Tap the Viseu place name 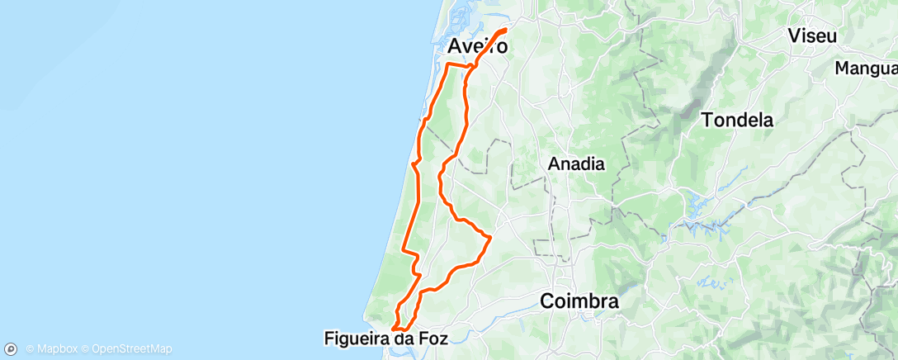(x=812, y=36)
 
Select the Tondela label (x=737, y=120)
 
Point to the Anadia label (x=576, y=164)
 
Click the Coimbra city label (x=579, y=301)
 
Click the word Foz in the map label (x=432, y=338)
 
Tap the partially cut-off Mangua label (x=866, y=68)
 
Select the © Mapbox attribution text (x=51, y=348)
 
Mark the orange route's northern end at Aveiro (x=504, y=31)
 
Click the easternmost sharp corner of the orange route (x=491, y=237)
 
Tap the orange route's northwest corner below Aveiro (x=447, y=64)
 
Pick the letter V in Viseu (x=794, y=36)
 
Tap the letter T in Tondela (x=707, y=120)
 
